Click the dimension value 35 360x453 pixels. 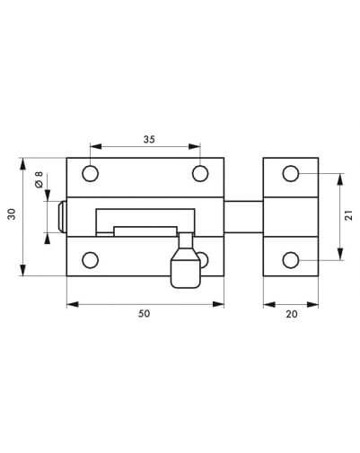pos(149,139)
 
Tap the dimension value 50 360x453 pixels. pos(144,314)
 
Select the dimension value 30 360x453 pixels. pos(12,214)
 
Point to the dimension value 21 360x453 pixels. pos(348,215)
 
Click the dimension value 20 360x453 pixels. pos(292,314)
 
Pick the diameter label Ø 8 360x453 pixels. pos(39,179)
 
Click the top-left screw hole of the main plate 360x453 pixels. pos(90,173)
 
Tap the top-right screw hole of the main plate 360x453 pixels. pos(200,173)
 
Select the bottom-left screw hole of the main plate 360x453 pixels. pos(90,260)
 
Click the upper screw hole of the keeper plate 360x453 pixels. pos(291,173)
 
